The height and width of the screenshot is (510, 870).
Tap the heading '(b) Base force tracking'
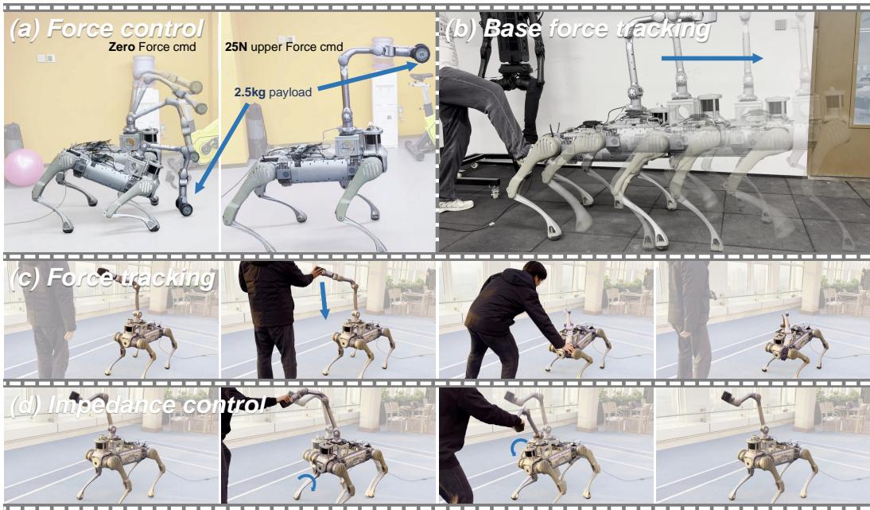click(x=577, y=30)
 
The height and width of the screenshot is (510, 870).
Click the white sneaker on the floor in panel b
click(x=456, y=204)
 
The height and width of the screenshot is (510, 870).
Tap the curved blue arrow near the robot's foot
click(x=306, y=480)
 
